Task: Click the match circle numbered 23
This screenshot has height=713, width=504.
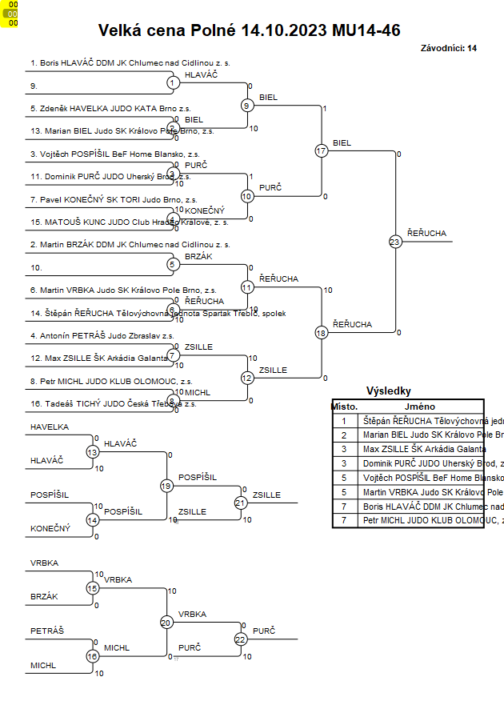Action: click(395, 241)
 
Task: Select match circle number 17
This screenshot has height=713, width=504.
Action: click(322, 150)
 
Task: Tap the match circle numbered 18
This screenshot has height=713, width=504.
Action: click(322, 332)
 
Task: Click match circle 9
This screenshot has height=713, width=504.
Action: click(247, 105)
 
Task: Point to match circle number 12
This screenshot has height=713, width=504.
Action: click(247, 378)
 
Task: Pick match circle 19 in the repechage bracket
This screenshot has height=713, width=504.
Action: click(166, 486)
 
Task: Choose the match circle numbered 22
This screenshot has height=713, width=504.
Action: click(241, 639)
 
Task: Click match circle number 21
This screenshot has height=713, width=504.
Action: click(241, 503)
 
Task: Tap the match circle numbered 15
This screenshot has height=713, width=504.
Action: click(92, 588)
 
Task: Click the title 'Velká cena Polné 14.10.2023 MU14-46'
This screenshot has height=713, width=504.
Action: click(249, 30)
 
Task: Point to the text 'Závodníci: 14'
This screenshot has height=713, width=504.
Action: click(448, 48)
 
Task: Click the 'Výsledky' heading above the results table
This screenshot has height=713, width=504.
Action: click(388, 391)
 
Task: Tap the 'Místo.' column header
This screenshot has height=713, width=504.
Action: click(345, 407)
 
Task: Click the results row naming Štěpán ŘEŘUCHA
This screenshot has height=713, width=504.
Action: click(420, 421)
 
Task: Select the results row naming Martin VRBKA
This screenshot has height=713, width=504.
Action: click(420, 492)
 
